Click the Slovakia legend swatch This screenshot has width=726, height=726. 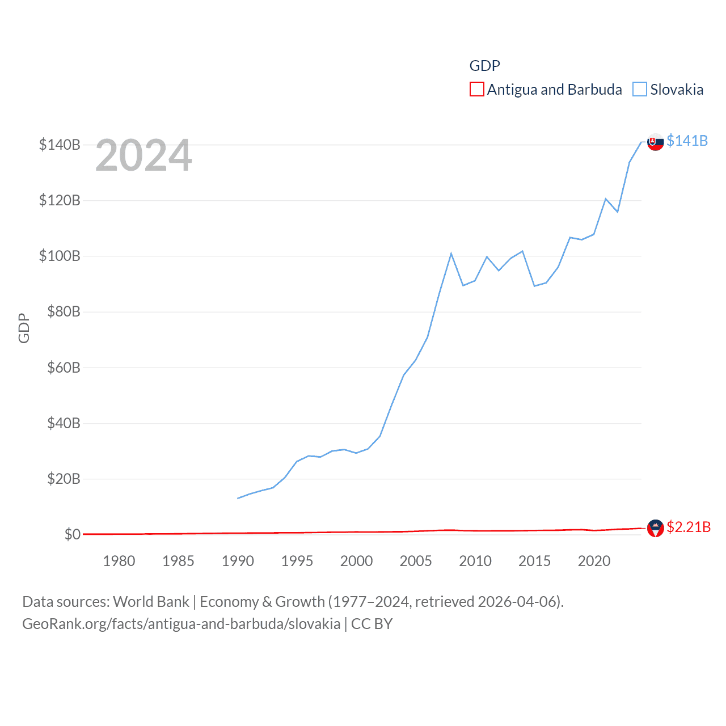click(x=640, y=90)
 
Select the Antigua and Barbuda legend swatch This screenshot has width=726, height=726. click(x=477, y=90)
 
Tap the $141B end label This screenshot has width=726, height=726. click(x=687, y=141)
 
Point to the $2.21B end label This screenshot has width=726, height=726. click(x=688, y=527)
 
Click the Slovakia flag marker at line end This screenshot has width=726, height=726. click(x=656, y=142)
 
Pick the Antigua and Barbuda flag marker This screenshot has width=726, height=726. click(x=656, y=528)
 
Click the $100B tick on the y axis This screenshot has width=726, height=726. click(x=60, y=256)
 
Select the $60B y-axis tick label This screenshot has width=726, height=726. click(x=64, y=368)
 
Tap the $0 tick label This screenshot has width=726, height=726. click(x=72, y=534)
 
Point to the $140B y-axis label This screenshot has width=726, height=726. click(x=60, y=145)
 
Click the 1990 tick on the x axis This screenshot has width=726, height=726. click(x=238, y=561)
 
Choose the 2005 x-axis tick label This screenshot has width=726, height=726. click(x=416, y=561)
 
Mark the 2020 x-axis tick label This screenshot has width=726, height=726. click(x=594, y=561)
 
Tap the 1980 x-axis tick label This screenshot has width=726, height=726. click(x=119, y=561)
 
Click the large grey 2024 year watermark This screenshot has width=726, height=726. click(x=143, y=155)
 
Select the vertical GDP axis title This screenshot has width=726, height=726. click(x=24, y=328)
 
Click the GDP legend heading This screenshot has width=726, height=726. click(x=484, y=66)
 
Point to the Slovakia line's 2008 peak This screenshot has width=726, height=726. click(x=451, y=254)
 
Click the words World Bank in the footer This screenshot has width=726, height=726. click(x=151, y=601)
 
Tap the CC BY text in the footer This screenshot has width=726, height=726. click(x=372, y=624)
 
